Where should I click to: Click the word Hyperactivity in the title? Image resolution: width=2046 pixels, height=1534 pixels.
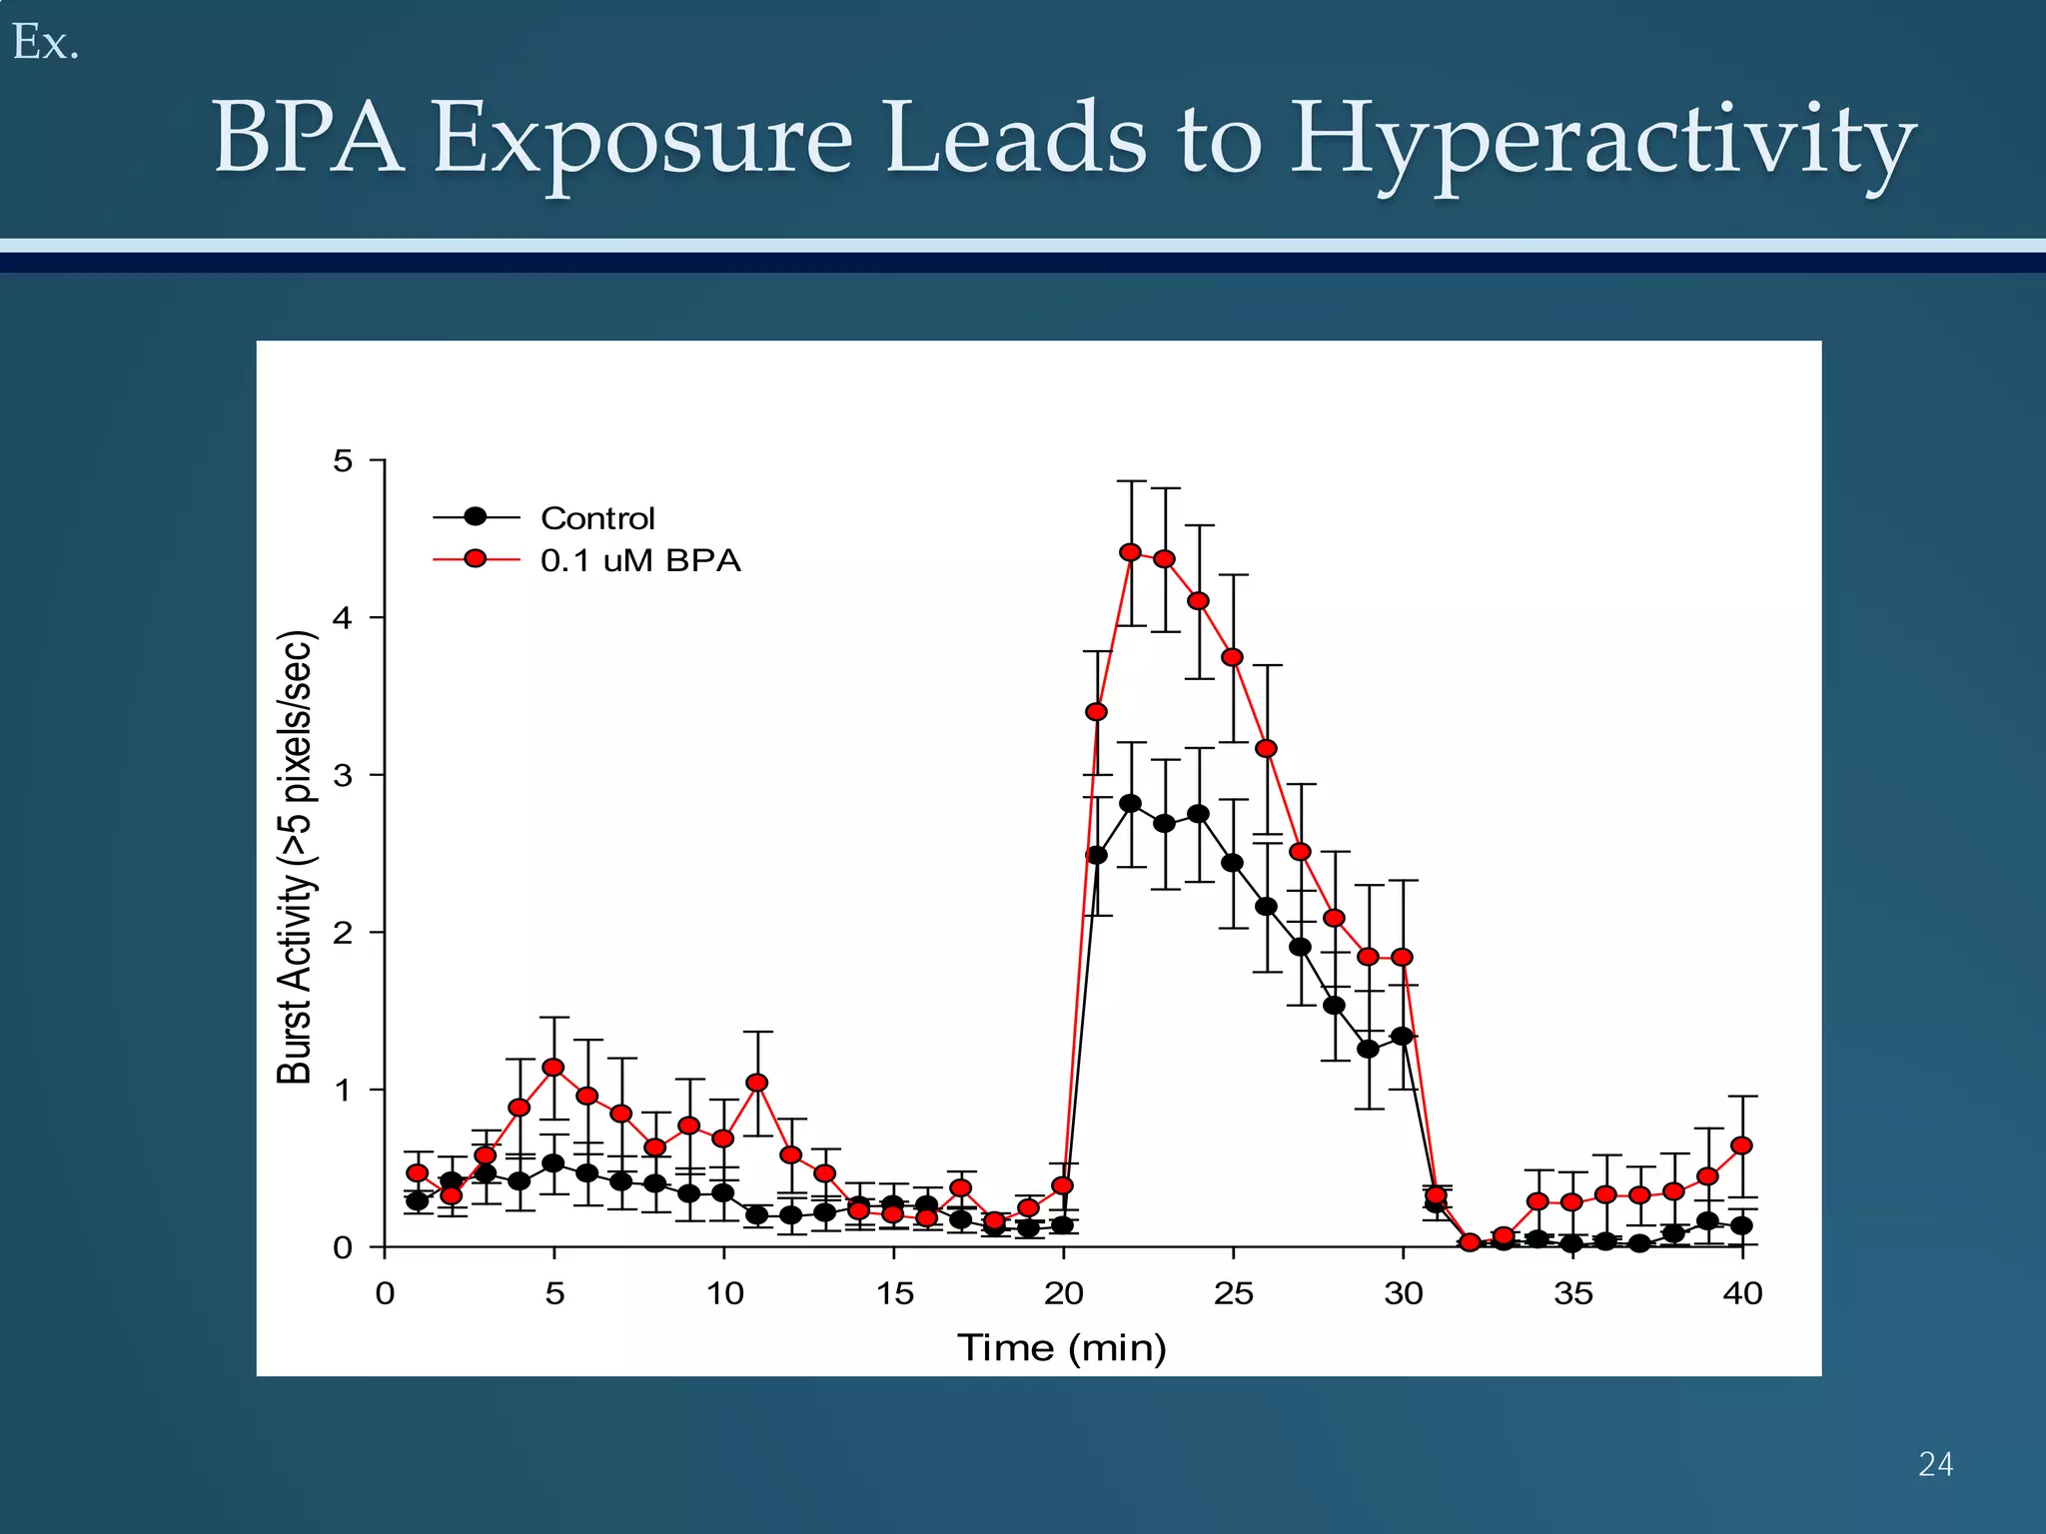click(x=1602, y=140)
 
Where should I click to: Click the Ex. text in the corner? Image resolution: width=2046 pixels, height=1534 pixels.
click(x=45, y=43)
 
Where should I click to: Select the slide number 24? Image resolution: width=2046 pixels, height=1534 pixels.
click(x=1935, y=1464)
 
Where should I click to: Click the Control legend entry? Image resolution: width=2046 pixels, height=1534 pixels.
click(x=597, y=518)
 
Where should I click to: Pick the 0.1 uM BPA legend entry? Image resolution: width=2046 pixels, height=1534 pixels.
click(x=640, y=560)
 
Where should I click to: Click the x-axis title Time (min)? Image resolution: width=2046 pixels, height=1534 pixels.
click(x=1062, y=1348)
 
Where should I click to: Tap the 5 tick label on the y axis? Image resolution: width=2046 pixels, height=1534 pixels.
click(x=343, y=460)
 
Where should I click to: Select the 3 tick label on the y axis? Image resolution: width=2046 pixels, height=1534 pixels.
click(x=343, y=775)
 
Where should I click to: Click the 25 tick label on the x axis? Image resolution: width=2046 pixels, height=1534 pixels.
click(x=1233, y=1294)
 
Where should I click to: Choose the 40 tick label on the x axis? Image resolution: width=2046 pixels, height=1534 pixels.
click(x=1742, y=1294)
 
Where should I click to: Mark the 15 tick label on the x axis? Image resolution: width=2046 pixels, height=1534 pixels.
click(x=894, y=1294)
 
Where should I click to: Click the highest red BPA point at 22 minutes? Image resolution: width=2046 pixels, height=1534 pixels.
click(x=1130, y=552)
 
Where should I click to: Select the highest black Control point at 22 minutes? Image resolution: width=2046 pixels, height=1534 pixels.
click(x=1130, y=803)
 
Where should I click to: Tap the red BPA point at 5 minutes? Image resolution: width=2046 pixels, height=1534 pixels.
click(x=553, y=1068)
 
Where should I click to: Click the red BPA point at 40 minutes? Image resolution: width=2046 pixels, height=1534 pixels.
click(x=1741, y=1146)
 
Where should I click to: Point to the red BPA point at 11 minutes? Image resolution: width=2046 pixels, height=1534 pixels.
click(x=757, y=1083)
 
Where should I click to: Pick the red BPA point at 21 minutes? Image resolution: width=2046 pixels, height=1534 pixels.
click(x=1096, y=712)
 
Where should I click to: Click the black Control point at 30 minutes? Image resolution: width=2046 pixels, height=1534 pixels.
click(x=1402, y=1037)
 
